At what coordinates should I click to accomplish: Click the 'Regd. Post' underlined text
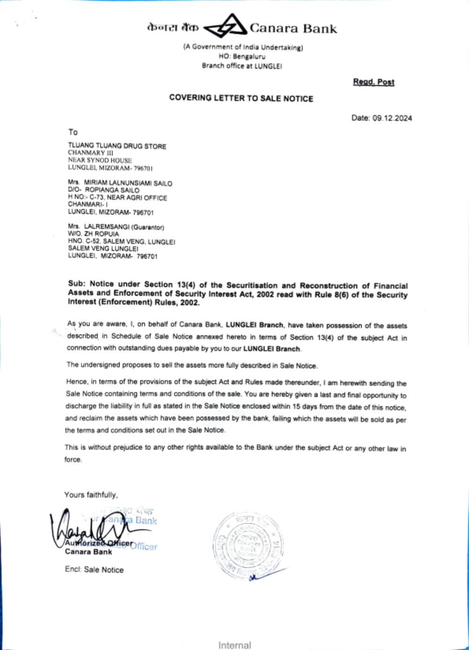point(373,82)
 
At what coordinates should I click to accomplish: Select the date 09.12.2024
point(392,118)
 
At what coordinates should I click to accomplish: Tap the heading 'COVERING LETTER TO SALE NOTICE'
point(241,98)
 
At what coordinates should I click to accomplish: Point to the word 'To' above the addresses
point(73,132)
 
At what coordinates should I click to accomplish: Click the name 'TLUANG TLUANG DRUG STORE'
point(117,146)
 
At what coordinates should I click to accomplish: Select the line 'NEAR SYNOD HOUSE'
point(100,160)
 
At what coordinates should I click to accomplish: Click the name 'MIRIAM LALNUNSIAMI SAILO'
point(128,183)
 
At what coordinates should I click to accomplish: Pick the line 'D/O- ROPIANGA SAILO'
point(104,190)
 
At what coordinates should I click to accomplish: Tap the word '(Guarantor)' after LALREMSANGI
point(147,227)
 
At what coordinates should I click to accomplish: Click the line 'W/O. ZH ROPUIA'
point(93,234)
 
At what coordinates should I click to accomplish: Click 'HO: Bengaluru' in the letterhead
point(242,56)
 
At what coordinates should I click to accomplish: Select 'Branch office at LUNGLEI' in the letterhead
point(242,66)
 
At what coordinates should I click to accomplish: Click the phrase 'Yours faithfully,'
point(91,495)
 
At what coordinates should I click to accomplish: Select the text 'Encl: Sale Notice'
point(94,570)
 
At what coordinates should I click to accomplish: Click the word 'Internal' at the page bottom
point(234,645)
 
